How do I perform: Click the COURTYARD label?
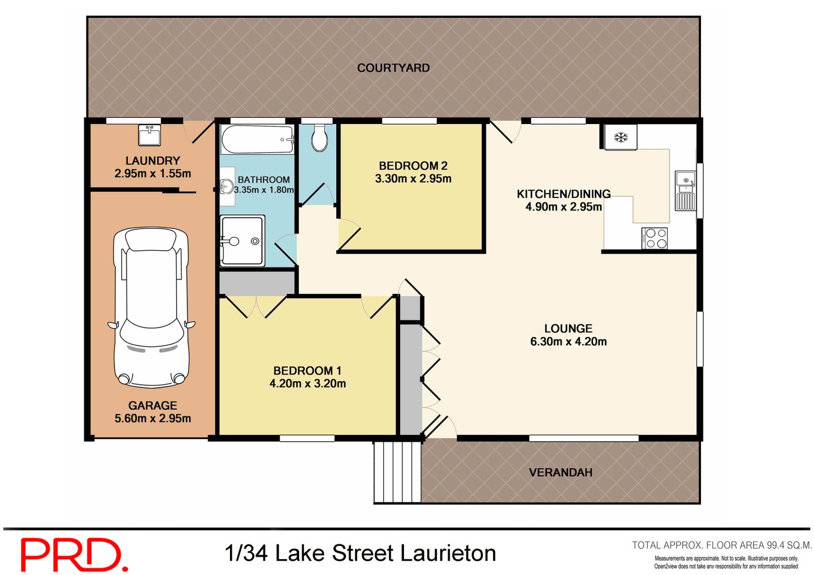[393, 68]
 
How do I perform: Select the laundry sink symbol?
[150, 135]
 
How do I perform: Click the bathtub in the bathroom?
[257, 139]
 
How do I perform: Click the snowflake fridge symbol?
[621, 137]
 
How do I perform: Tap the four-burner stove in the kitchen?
[655, 238]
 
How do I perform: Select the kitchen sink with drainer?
[685, 191]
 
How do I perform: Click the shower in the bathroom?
[242, 240]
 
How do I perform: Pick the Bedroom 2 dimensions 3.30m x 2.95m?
[413, 179]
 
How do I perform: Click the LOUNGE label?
[568, 328]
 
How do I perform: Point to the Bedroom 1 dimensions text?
[308, 384]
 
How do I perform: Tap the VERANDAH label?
[561, 473]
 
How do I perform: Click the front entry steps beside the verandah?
[397, 472]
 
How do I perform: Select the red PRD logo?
[73, 555]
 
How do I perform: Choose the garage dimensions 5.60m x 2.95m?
[153, 418]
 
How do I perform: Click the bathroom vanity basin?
[227, 187]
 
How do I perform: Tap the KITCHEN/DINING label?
[564, 194]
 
